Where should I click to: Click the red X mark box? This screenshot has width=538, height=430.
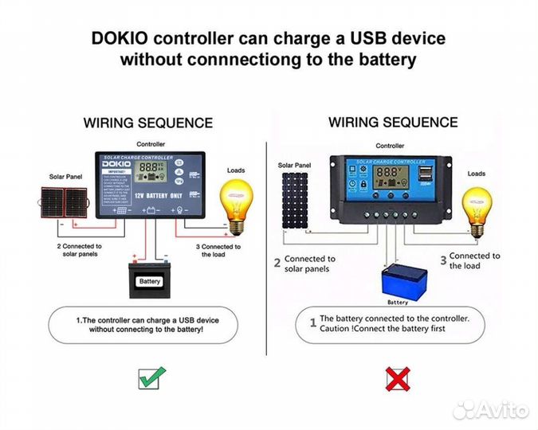pos(398,377)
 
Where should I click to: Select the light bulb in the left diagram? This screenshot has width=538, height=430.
pos(236,203)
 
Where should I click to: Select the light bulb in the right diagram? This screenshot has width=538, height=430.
pos(477,209)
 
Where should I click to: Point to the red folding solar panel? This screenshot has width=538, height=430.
pos(67,205)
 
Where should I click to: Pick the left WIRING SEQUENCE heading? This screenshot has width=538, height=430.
pos(148,123)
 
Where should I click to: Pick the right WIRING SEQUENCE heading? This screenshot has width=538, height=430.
pos(393,123)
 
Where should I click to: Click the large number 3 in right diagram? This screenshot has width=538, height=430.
pos(443,260)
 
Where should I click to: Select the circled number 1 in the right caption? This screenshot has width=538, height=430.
pos(312,323)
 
